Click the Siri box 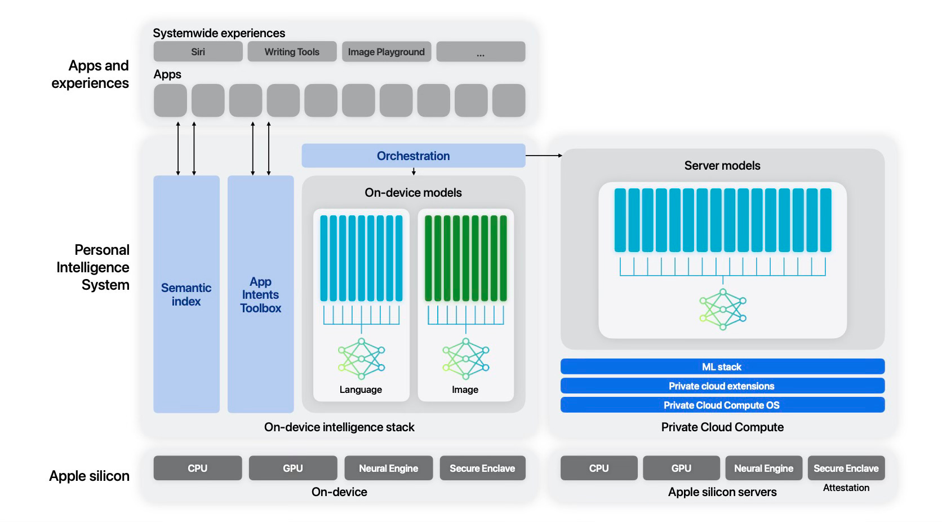198,52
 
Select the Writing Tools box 292,52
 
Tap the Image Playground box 386,52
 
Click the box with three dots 481,52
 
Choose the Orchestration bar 414,156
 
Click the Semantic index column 186,294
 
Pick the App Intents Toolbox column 261,294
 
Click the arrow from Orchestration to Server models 544,156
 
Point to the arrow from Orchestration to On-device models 414,171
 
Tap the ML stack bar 722,367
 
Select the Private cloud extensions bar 722,386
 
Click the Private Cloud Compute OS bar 722,405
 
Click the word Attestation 846,488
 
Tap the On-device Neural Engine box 389,468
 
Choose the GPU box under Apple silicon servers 681,468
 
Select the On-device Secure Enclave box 483,468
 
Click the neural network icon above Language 361,359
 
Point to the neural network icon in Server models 723,309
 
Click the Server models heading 722,165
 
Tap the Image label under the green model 465,390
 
